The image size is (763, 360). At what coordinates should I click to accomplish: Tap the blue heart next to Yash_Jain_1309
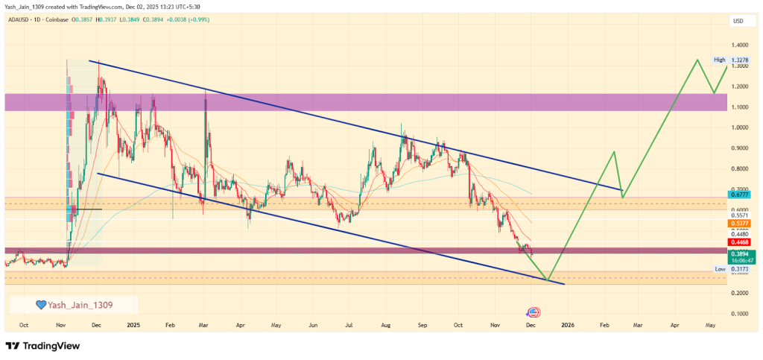[x=42, y=304]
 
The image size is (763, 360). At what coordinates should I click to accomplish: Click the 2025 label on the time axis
[x=133, y=325]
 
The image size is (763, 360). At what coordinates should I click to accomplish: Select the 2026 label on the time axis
[x=568, y=325]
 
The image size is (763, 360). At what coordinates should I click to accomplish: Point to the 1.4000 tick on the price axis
[x=740, y=45]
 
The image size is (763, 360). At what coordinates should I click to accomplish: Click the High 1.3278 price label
[x=728, y=60]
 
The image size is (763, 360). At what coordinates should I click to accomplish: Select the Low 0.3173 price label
[x=728, y=268]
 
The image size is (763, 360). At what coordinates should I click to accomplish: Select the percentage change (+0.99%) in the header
[x=197, y=19]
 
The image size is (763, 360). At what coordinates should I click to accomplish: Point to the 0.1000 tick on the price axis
[x=740, y=313]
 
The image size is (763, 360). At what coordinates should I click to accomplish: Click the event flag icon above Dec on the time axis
[x=533, y=312]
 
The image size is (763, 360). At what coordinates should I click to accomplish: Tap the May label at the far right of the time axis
[x=710, y=325]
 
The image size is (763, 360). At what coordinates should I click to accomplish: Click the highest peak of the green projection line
[x=697, y=60]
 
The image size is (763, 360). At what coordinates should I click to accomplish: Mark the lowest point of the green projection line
[x=548, y=281]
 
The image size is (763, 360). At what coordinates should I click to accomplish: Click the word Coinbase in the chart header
[x=56, y=19]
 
